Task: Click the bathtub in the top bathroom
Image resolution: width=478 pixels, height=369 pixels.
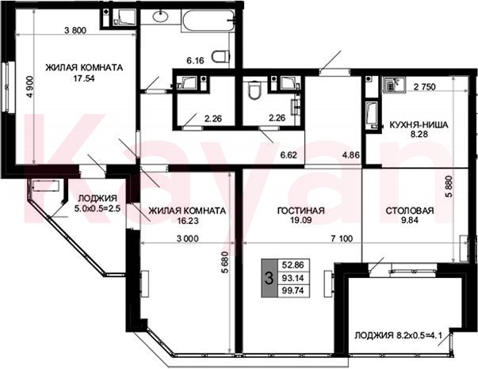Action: click(208, 20)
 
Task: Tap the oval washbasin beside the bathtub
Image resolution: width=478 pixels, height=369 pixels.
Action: click(161, 16)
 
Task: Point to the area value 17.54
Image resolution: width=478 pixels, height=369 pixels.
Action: click(84, 78)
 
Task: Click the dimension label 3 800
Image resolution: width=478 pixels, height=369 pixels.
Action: click(75, 30)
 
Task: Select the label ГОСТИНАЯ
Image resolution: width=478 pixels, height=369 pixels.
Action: click(301, 211)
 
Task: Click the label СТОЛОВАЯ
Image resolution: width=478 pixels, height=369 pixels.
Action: click(410, 211)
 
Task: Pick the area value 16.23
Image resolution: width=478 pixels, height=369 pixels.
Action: click(188, 220)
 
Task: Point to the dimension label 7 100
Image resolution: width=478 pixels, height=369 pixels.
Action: click(342, 238)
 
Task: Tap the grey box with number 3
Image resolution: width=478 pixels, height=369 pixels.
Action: click(269, 278)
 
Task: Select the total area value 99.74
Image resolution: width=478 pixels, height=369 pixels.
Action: click(293, 291)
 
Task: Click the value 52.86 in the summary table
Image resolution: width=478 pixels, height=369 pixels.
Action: click(293, 265)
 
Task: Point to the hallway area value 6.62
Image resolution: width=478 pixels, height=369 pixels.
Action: click(289, 154)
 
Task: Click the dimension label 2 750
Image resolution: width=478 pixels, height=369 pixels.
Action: click(425, 87)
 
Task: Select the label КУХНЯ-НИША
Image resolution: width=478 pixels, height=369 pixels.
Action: click(419, 124)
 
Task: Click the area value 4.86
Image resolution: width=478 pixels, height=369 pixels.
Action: click(351, 154)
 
